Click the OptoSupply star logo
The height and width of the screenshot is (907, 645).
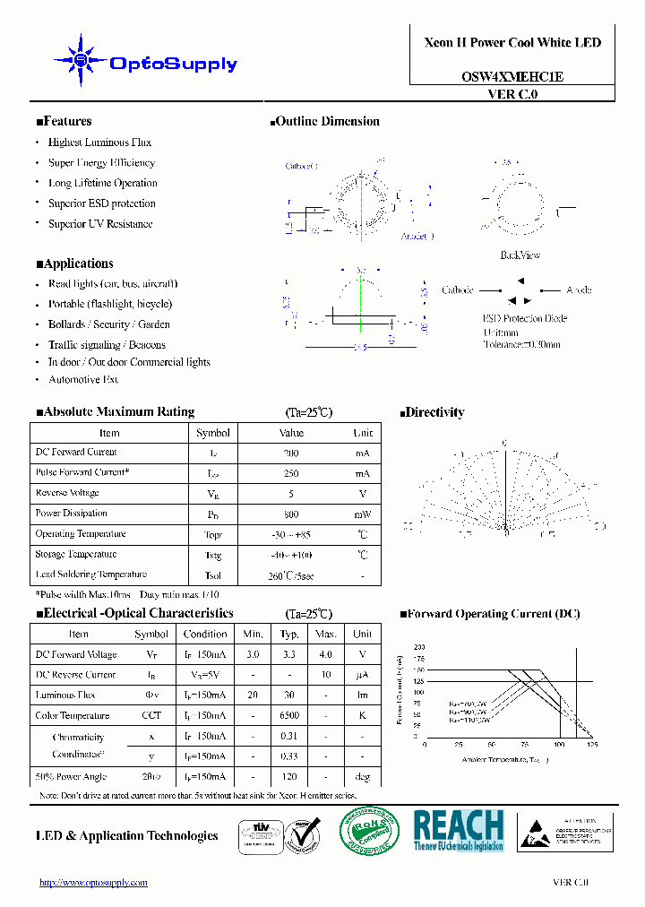[x=81, y=61]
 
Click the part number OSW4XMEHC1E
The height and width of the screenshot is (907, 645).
[x=512, y=77]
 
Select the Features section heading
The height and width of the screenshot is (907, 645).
[x=64, y=122]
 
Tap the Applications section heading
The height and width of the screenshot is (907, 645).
[x=74, y=263]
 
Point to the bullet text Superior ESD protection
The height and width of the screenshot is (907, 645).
[x=101, y=203]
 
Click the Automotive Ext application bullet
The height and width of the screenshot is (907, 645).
[x=83, y=380]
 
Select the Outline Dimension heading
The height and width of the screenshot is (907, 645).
[x=324, y=122]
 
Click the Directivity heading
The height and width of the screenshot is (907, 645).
[x=432, y=412]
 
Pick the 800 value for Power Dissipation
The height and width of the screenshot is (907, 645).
[x=291, y=514]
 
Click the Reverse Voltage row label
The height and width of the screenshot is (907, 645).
[x=67, y=493]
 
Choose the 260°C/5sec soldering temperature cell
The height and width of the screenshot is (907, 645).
[x=291, y=575]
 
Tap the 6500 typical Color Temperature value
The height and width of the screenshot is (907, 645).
[x=288, y=716]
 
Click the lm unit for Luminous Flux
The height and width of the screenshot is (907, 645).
[x=362, y=695]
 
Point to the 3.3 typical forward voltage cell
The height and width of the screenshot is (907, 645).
[x=288, y=655]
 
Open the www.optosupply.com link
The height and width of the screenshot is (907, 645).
[x=93, y=883]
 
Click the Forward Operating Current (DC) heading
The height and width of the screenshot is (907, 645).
[x=490, y=614]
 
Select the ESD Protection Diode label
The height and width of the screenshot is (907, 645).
[x=525, y=319]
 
